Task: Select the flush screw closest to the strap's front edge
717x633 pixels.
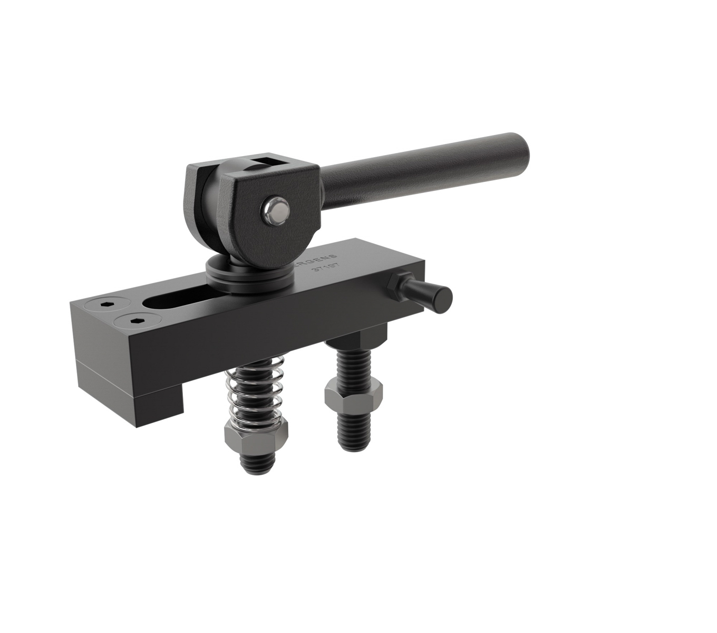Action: pos(133,320)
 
